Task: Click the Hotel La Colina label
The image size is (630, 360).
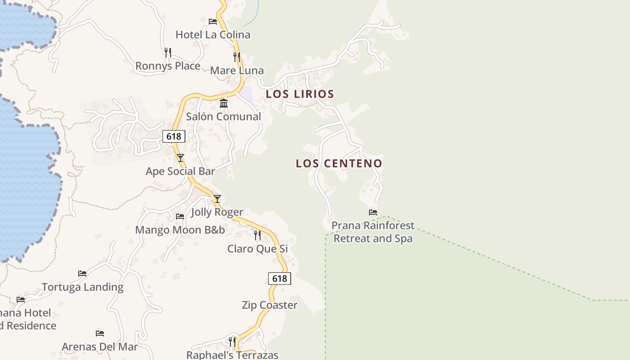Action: [212, 35]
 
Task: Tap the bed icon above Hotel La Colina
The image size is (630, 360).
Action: [213, 21]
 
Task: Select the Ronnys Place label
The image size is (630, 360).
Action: [168, 66]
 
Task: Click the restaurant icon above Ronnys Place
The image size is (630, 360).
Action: [168, 53]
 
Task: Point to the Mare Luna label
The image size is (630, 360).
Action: [237, 71]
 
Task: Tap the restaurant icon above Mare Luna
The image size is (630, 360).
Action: [237, 57]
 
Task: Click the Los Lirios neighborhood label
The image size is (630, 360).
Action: [300, 94]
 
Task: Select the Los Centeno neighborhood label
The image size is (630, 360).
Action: [339, 163]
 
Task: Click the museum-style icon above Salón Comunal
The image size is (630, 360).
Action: [224, 103]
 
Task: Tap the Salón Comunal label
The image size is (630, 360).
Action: [224, 117]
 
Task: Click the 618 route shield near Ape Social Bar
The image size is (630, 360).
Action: [174, 136]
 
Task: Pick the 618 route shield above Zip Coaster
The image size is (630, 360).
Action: [279, 279]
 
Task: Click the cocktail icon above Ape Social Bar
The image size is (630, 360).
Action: [180, 158]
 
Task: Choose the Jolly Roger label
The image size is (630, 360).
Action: [217, 212]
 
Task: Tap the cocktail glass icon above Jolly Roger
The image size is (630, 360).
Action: [217, 198]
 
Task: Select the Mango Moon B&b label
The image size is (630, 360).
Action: [180, 230]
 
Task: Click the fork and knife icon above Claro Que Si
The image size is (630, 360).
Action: [257, 235]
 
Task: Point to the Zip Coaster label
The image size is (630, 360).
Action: [270, 305]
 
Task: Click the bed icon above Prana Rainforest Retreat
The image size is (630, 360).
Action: [373, 212]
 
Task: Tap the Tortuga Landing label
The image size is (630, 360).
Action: [82, 287]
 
